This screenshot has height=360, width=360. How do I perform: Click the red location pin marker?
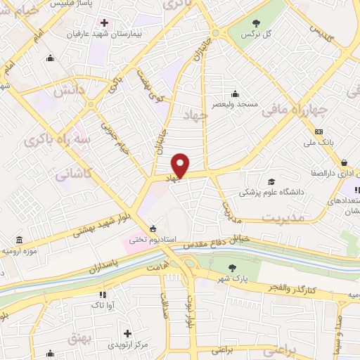click(181, 166)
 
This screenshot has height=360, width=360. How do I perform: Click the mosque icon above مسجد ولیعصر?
click(235, 94)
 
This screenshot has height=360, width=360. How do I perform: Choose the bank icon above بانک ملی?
click(319, 131)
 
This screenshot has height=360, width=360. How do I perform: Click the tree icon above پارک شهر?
click(233, 267)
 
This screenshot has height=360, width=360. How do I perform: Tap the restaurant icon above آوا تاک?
click(103, 295)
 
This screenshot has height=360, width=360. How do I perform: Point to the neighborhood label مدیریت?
click(285, 219)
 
